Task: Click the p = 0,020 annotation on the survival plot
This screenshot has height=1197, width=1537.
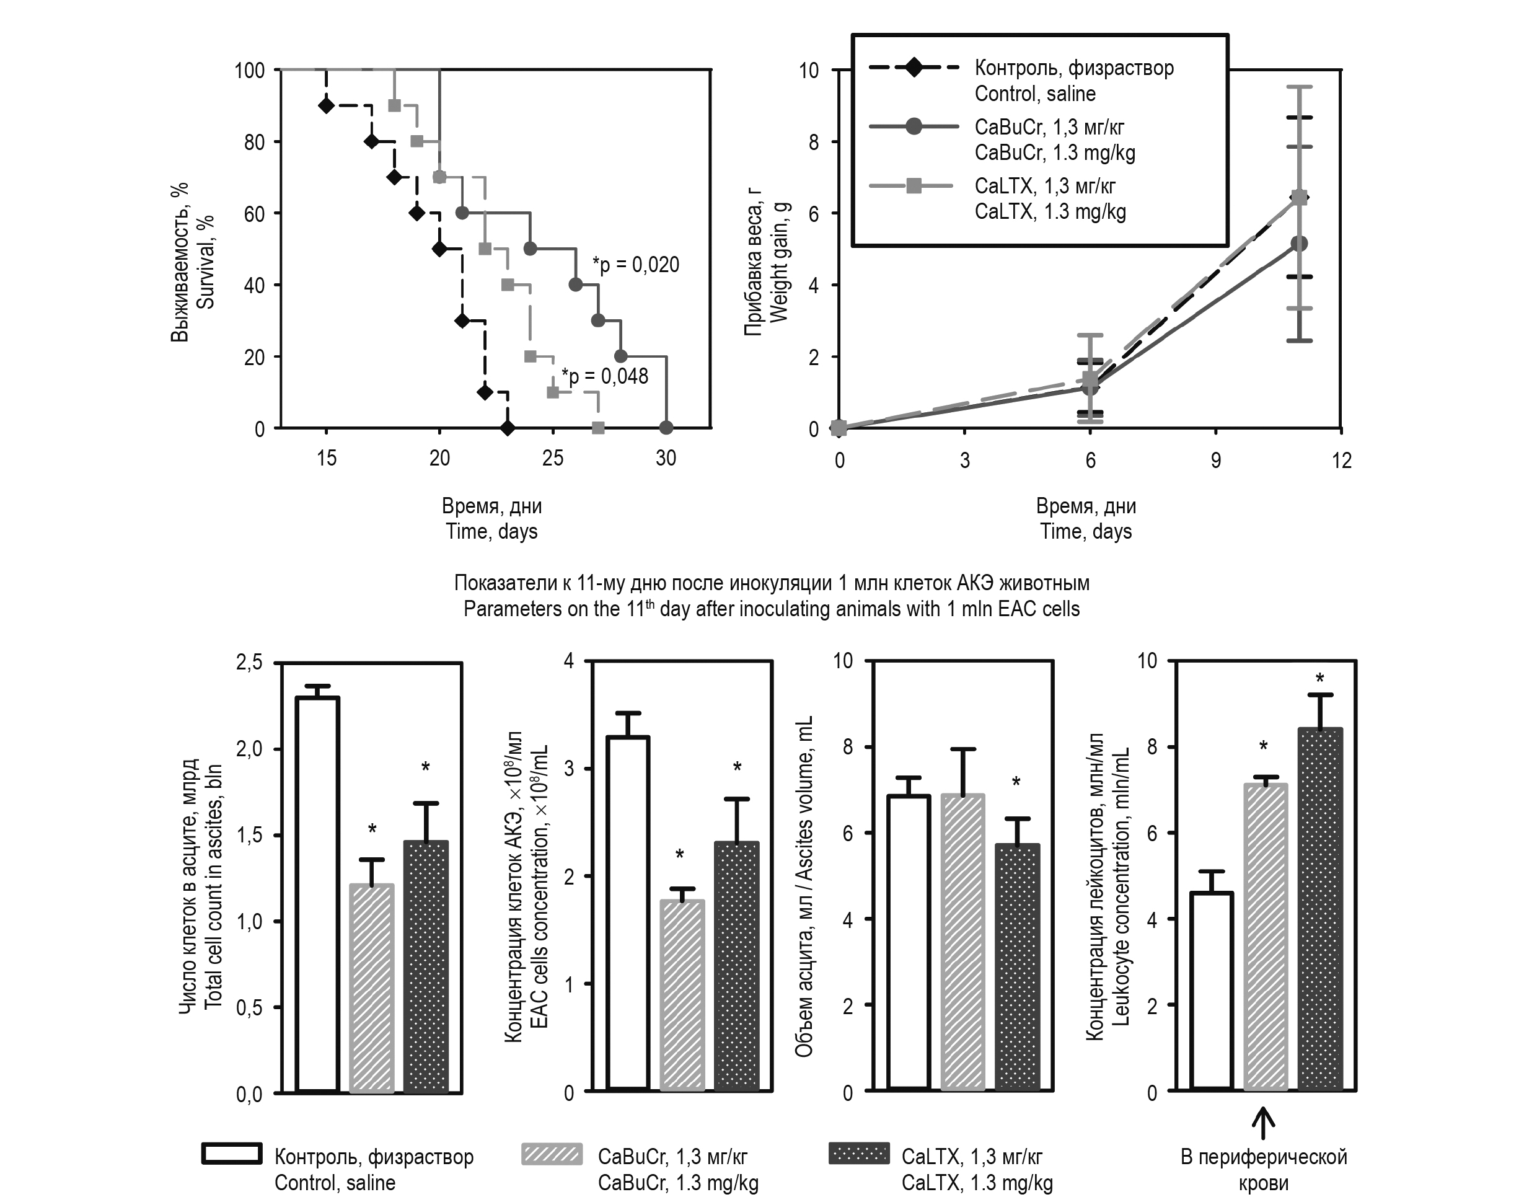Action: pyautogui.click(x=635, y=265)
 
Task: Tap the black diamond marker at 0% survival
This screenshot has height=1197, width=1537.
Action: pyautogui.click(x=508, y=428)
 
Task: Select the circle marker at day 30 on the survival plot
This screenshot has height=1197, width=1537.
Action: pyautogui.click(x=666, y=428)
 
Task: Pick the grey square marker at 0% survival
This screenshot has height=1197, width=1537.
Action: pyautogui.click(x=598, y=428)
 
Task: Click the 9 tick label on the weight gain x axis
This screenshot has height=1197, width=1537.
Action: pyautogui.click(x=1215, y=461)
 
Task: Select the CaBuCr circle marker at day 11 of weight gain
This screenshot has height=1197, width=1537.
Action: pyautogui.click(x=1299, y=244)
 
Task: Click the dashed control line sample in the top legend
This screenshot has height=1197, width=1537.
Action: pyautogui.click(x=914, y=68)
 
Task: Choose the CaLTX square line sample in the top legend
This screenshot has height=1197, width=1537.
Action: pyautogui.click(x=914, y=187)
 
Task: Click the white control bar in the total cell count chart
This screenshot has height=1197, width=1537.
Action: pyautogui.click(x=318, y=894)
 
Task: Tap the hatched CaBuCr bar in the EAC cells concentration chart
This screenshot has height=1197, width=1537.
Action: pyautogui.click(x=682, y=995)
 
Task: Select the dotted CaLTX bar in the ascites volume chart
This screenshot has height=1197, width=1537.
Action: pyautogui.click(x=1017, y=968)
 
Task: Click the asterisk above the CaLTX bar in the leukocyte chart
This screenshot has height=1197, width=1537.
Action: pyautogui.click(x=1320, y=679)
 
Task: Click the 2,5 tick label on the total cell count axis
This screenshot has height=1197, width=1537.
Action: pyautogui.click(x=249, y=663)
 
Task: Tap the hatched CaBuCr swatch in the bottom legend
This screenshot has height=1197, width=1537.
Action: pyautogui.click(x=552, y=1155)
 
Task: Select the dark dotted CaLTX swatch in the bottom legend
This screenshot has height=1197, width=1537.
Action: pyautogui.click(x=858, y=1154)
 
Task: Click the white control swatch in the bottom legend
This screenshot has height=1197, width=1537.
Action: pyautogui.click(x=232, y=1154)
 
